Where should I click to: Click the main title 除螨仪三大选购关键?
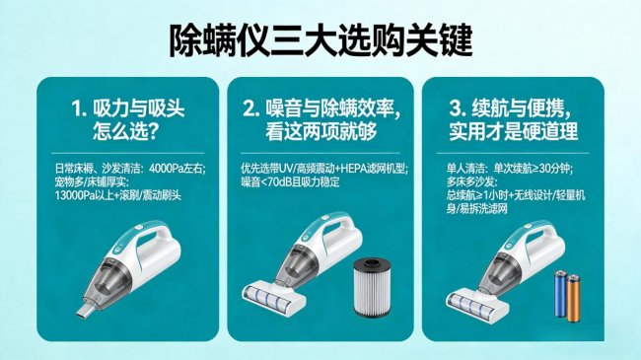[320, 40]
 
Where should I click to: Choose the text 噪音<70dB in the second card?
[266, 182]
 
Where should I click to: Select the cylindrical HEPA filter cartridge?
[373, 287]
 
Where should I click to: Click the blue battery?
[560, 293]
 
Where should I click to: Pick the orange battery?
[573, 298]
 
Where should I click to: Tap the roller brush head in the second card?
[274, 297]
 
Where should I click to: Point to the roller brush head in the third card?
[477, 302]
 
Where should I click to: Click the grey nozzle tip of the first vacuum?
[84, 311]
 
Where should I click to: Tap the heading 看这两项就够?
[320, 131]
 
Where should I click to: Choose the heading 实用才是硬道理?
[513, 131]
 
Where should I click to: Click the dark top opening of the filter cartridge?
[373, 262]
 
